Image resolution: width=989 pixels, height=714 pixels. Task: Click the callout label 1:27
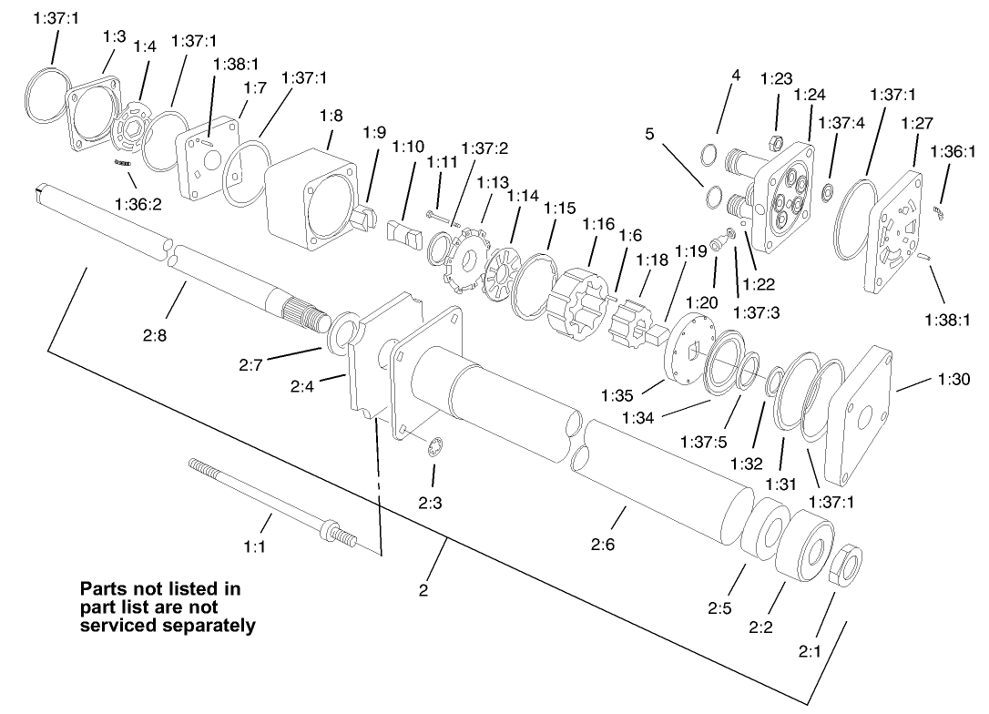(916, 123)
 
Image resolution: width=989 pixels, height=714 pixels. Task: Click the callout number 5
(650, 134)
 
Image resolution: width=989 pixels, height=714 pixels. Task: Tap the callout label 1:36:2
(138, 204)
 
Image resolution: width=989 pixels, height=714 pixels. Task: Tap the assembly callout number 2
(423, 590)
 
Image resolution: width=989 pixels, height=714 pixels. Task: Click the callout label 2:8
(154, 335)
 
